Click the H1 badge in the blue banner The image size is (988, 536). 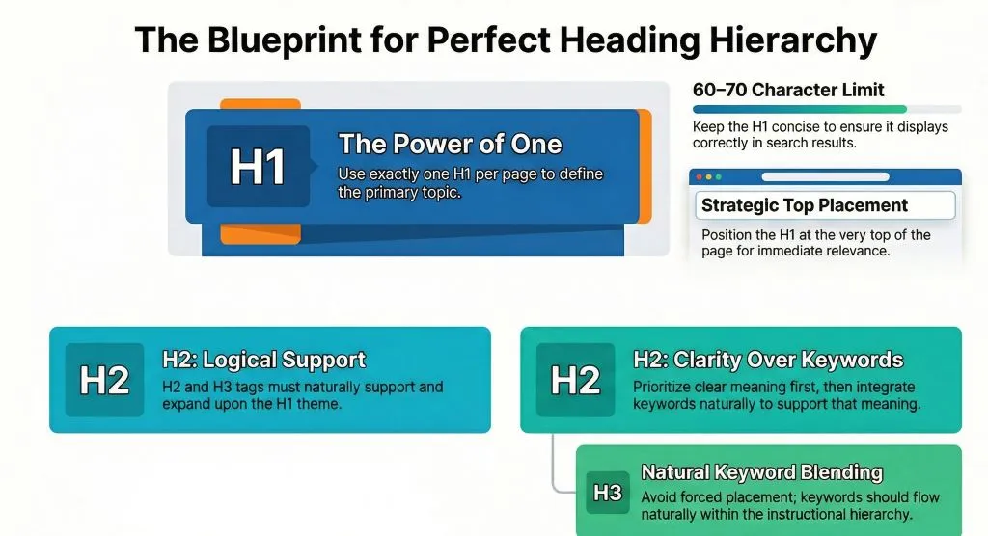(258, 167)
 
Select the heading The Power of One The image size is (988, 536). (450, 145)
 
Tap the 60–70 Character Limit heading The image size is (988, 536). (788, 90)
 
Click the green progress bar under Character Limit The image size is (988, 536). (800, 110)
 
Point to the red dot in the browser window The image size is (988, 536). (698, 177)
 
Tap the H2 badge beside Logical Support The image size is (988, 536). (104, 380)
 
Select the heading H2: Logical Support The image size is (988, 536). (263, 361)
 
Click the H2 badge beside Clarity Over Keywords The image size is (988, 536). (575, 380)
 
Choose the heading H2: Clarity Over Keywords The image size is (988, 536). (768, 361)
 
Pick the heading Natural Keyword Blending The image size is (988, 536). (761, 472)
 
